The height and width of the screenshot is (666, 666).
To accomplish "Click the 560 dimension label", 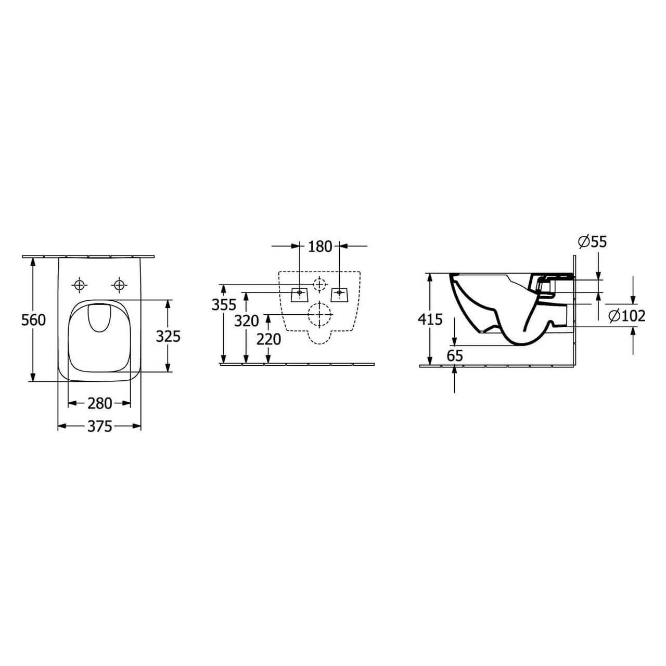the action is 33,320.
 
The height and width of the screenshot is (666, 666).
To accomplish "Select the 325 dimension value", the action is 168,336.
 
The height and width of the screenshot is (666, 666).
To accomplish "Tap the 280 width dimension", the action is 99,403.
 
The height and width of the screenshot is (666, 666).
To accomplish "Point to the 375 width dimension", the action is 99,427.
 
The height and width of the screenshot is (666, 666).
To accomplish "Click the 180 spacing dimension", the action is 319,247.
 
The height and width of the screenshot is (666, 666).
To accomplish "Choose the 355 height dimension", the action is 224,305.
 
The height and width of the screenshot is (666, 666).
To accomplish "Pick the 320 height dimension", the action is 247,321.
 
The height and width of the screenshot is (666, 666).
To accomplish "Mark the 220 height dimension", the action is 268,339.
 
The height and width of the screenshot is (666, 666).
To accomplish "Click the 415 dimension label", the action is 430,319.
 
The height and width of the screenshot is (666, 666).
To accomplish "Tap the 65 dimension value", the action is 454,356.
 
